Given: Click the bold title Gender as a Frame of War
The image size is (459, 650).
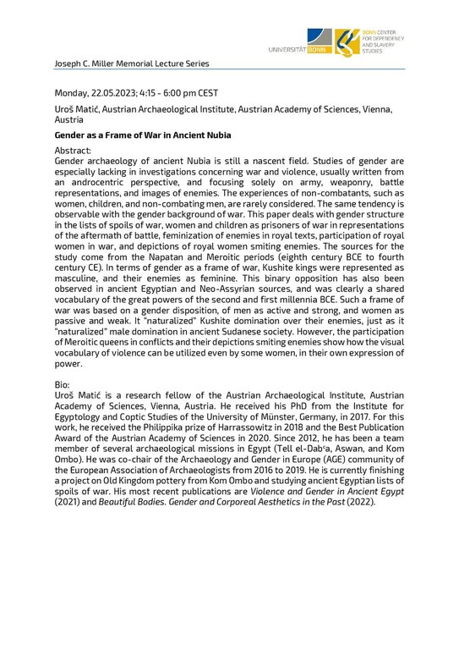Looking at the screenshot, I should click(x=143, y=135).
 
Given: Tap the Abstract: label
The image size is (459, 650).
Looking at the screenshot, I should click(x=72, y=150).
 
